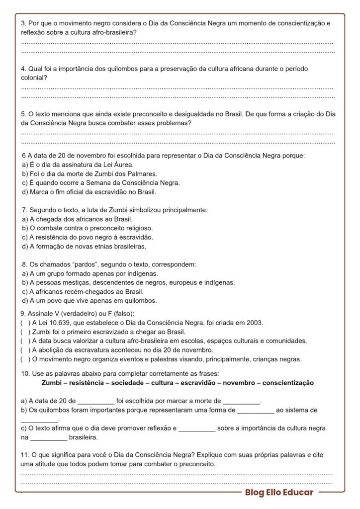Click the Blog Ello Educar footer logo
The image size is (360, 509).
pyautogui.click(x=278, y=493)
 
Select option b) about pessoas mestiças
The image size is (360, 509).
pyautogui.click(x=128, y=282)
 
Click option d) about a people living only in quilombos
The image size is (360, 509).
pyautogui.click(x=89, y=301)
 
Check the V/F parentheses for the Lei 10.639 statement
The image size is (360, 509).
pyautogui.click(x=24, y=323)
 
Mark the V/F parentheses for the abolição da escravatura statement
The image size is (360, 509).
pyautogui.click(x=24, y=350)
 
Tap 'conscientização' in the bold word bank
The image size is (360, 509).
pyautogui.click(x=288, y=383)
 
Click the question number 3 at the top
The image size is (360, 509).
pyautogui.click(x=23, y=23)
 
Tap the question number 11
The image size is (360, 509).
pyautogui.click(x=25, y=455)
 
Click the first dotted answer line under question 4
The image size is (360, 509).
pyautogui.click(x=177, y=87)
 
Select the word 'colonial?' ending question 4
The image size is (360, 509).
pyautogui.click(x=34, y=78)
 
